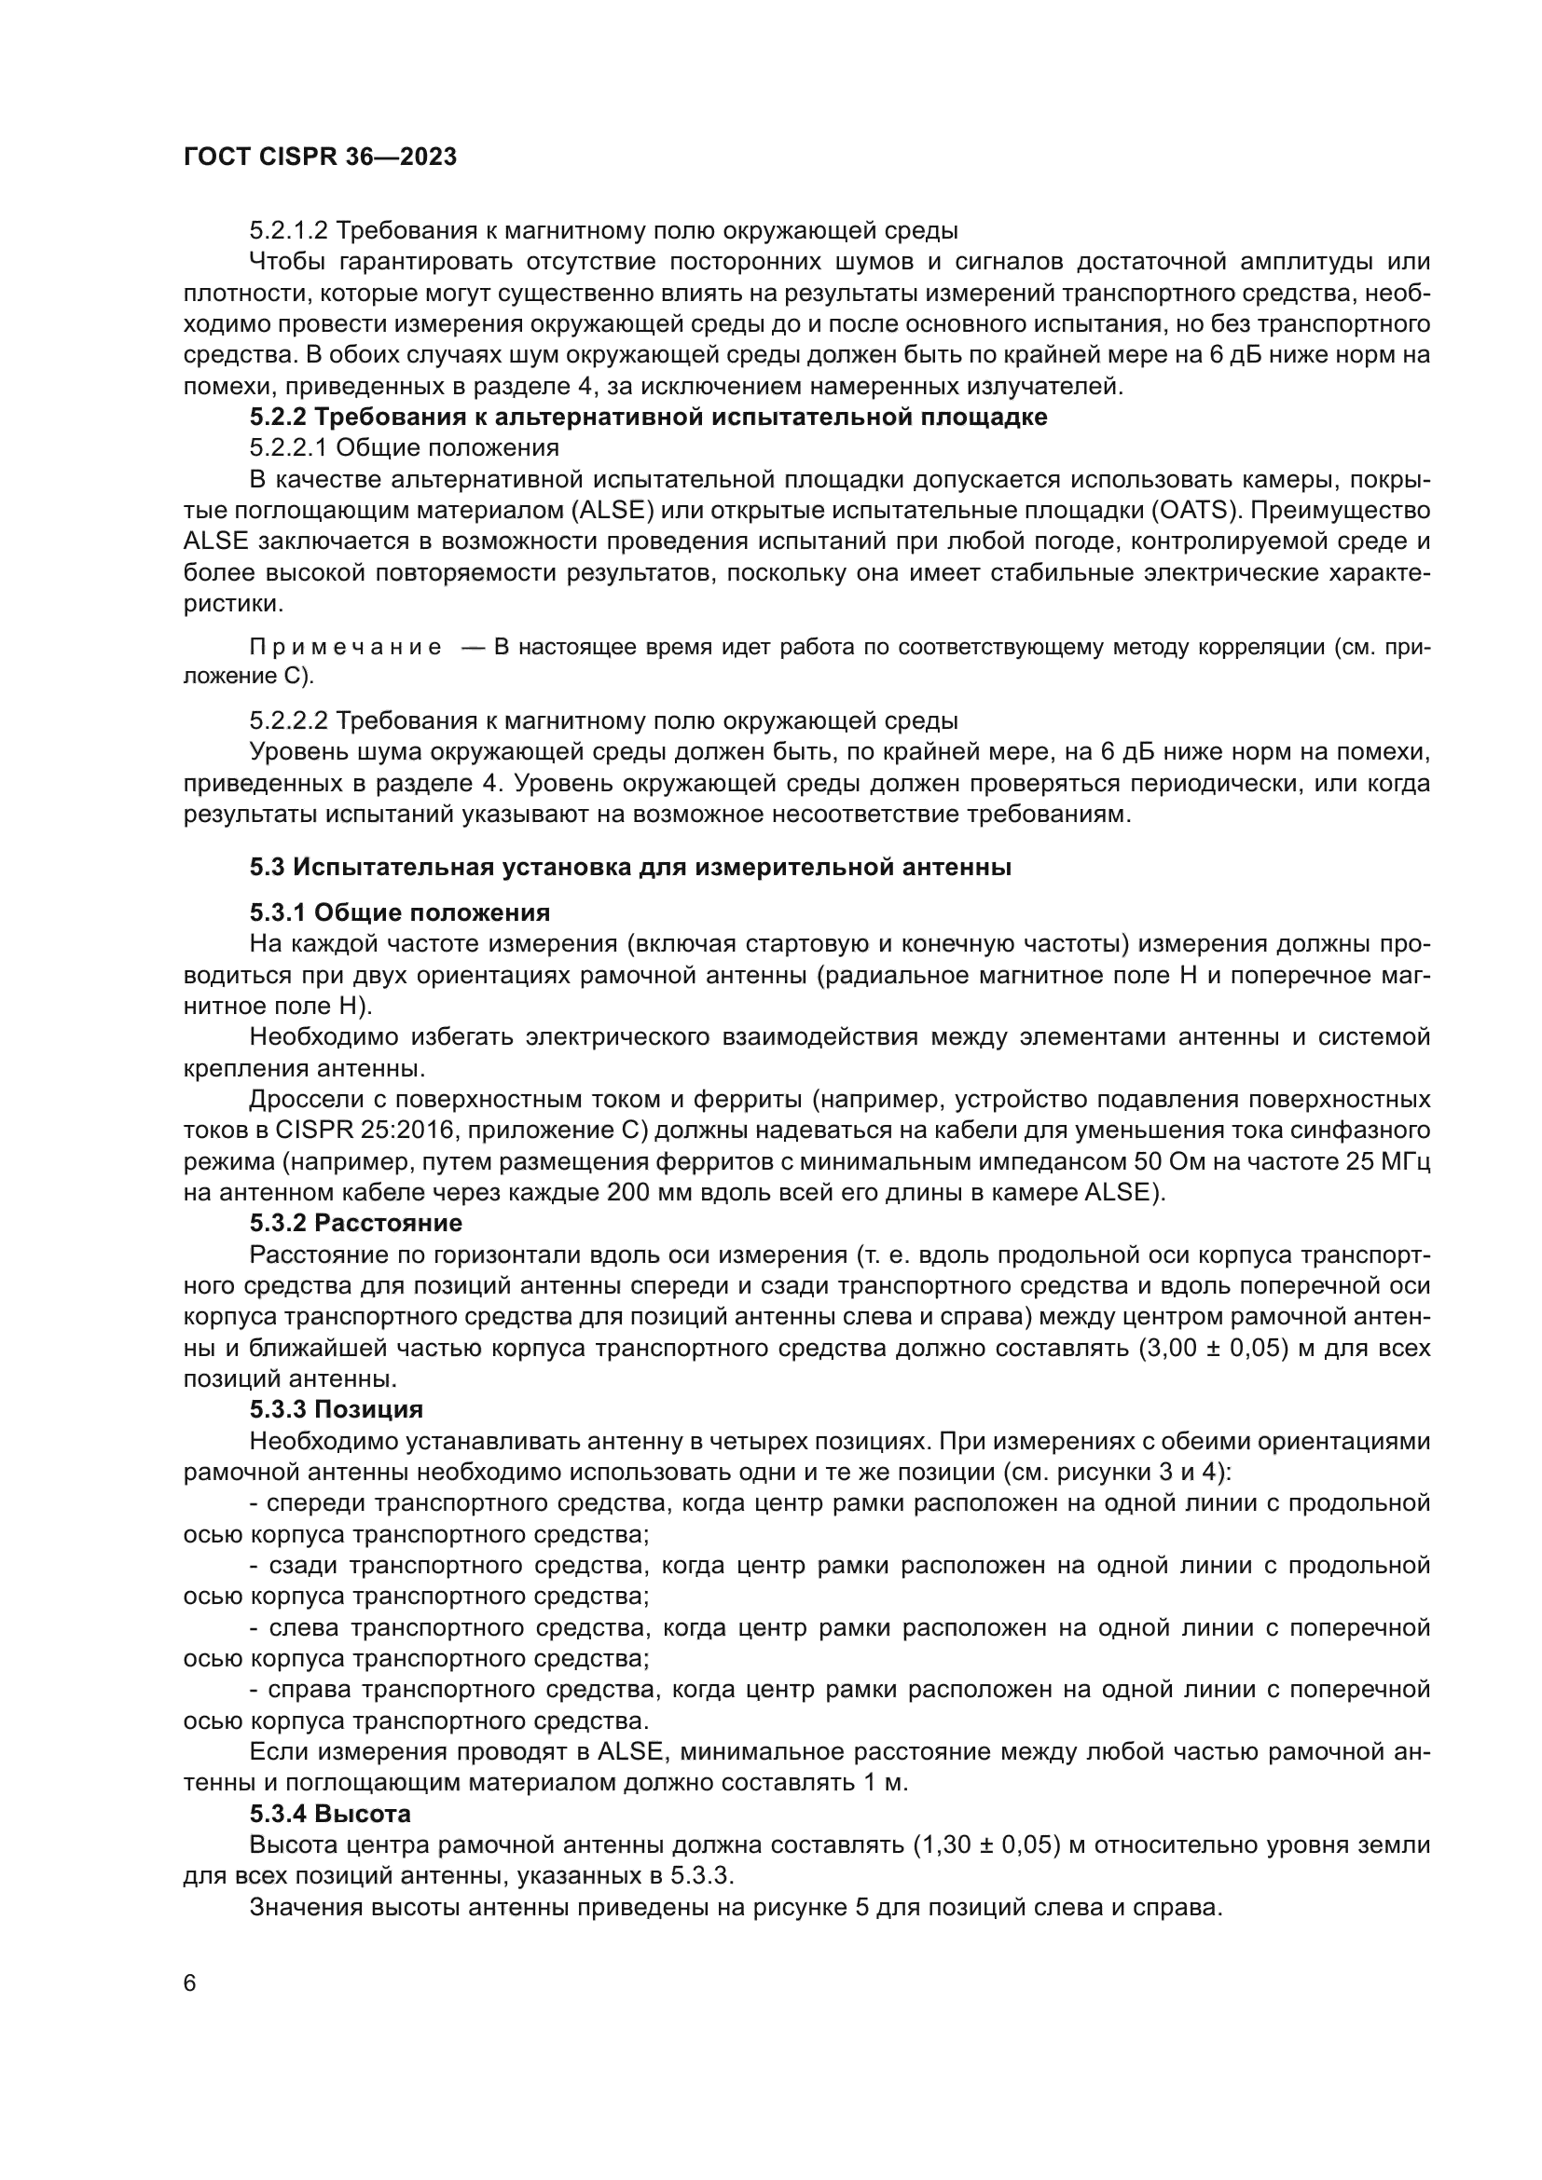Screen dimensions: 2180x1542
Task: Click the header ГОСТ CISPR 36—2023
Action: pos(319,157)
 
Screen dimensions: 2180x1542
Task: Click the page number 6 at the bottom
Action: pos(190,1982)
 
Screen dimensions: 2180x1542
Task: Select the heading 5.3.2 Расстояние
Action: pos(355,1222)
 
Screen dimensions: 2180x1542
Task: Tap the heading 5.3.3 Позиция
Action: pos(336,1408)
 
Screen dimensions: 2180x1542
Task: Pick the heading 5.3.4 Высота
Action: pos(329,1814)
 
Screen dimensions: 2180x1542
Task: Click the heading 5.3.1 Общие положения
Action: pos(399,912)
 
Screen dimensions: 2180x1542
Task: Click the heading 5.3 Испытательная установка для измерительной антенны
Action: pos(629,867)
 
